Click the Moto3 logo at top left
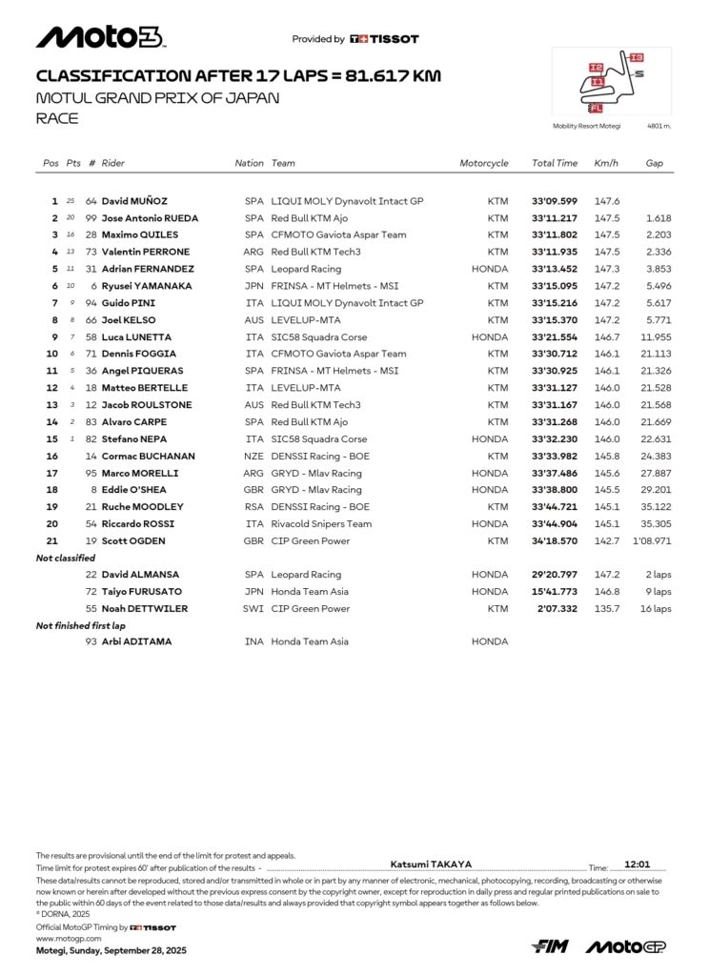coord(100,37)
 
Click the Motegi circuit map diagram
coord(611,84)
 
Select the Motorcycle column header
coord(484,163)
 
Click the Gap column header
coord(654,163)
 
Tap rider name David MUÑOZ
coord(134,201)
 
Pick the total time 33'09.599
coord(555,201)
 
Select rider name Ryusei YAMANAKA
coord(147,286)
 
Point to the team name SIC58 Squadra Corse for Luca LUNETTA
coord(319,337)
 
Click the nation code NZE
coord(254,456)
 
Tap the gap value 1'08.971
coord(653,540)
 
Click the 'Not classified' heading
coord(66,558)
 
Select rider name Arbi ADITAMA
coord(137,641)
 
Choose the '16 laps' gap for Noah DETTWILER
coord(656,608)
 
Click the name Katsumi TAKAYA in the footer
coord(431,864)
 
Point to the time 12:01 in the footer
coord(637,864)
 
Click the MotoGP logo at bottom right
coord(625,945)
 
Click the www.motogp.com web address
coord(69,938)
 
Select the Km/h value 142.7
coord(607,540)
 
